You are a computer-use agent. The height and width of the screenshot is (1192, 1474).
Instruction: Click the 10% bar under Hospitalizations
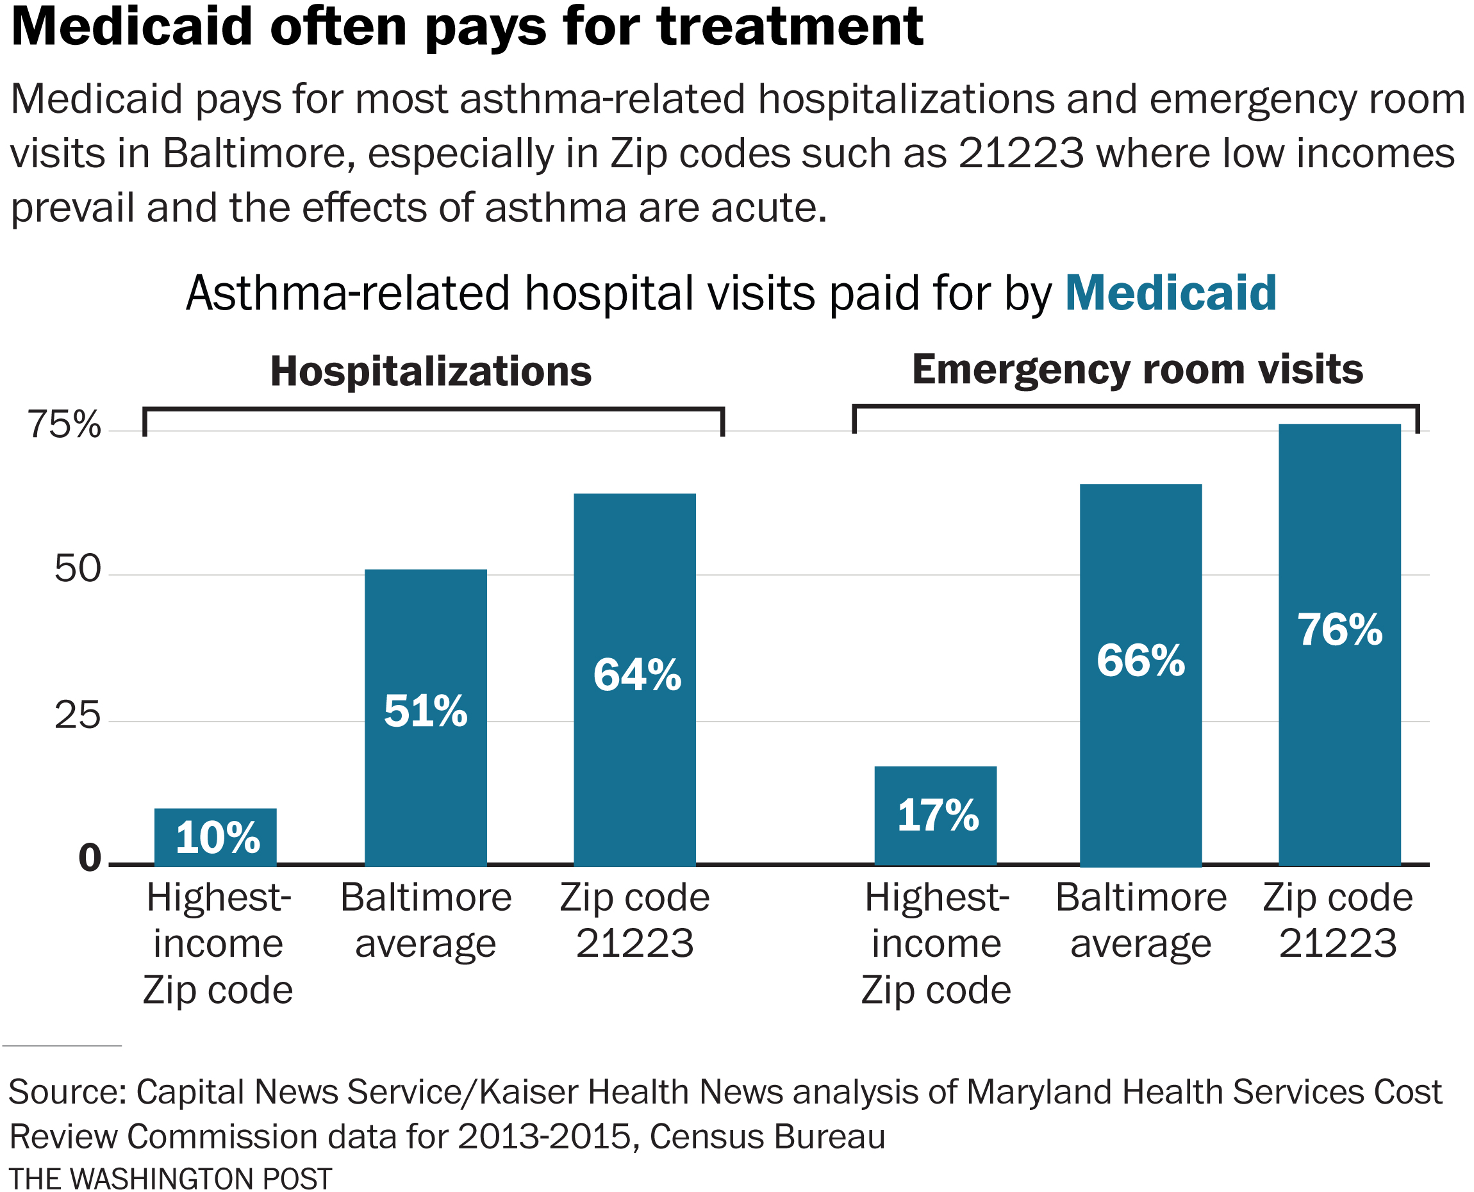tap(215, 837)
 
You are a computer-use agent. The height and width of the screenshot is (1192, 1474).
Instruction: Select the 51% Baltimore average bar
tap(426, 717)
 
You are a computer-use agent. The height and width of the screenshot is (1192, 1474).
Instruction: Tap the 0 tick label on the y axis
tap(89, 857)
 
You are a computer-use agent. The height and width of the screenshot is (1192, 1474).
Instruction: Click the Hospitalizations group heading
tap(431, 372)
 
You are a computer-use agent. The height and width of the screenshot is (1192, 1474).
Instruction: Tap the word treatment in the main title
tap(790, 28)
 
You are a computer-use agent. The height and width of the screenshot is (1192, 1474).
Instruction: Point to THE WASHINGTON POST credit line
tap(170, 1179)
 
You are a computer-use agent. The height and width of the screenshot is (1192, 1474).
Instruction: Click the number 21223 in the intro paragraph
tap(1021, 153)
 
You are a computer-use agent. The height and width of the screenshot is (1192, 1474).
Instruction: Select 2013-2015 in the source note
tap(543, 1136)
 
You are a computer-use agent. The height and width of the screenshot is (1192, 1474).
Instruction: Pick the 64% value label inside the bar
tap(637, 675)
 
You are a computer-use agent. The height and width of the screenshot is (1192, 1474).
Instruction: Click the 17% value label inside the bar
tap(938, 816)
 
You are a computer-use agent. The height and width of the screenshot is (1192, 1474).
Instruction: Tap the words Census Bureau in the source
tap(767, 1136)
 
